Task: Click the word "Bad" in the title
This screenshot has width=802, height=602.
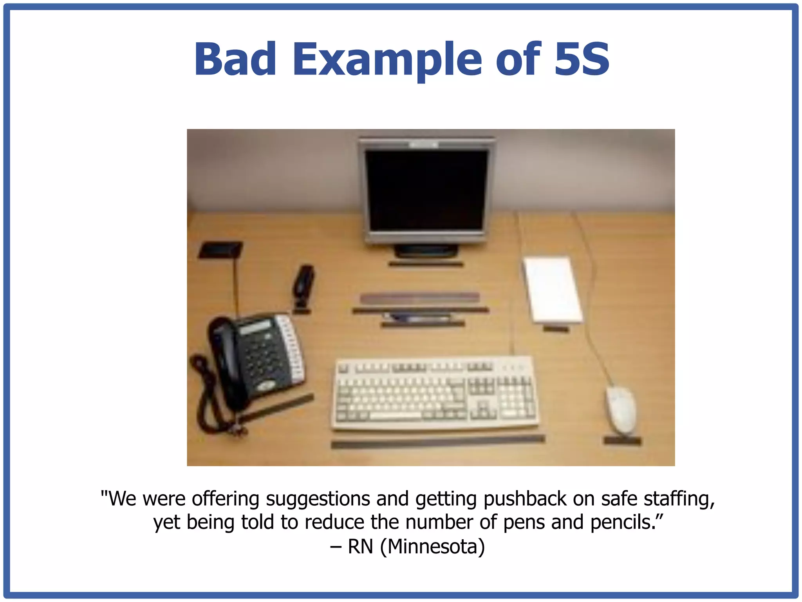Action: click(235, 60)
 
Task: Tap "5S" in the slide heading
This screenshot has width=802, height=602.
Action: click(582, 60)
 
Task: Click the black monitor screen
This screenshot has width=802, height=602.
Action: click(427, 190)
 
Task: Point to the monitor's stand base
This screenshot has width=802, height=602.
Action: click(426, 250)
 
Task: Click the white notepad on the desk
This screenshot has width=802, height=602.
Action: click(552, 289)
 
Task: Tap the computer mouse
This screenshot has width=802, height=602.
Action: click(621, 410)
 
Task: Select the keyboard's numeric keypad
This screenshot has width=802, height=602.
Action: click(516, 398)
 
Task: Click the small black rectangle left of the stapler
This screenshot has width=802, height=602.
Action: click(220, 250)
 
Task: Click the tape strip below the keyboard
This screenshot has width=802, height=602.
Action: click(438, 442)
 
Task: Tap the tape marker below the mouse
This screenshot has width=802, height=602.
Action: click(622, 441)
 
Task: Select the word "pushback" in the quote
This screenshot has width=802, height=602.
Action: click(525, 499)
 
